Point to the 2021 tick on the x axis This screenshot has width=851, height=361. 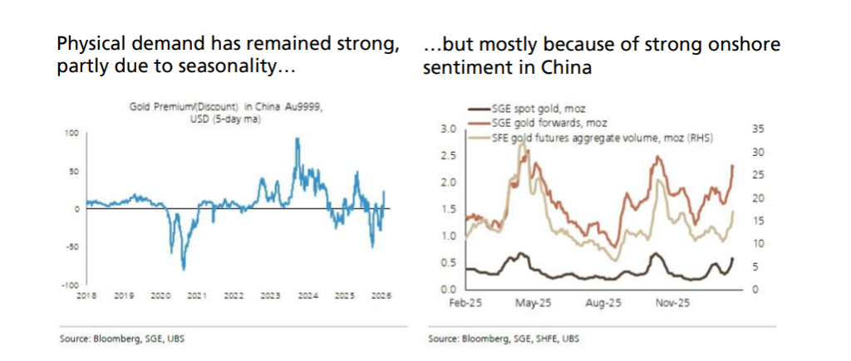click(197, 295)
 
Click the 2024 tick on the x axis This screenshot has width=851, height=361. click(307, 295)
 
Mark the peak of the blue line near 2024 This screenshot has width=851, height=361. click(298, 139)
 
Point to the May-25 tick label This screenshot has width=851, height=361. click(531, 302)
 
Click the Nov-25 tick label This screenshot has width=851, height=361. click(668, 302)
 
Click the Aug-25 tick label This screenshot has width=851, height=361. click(600, 302)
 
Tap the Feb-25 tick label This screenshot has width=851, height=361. click(462, 302)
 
